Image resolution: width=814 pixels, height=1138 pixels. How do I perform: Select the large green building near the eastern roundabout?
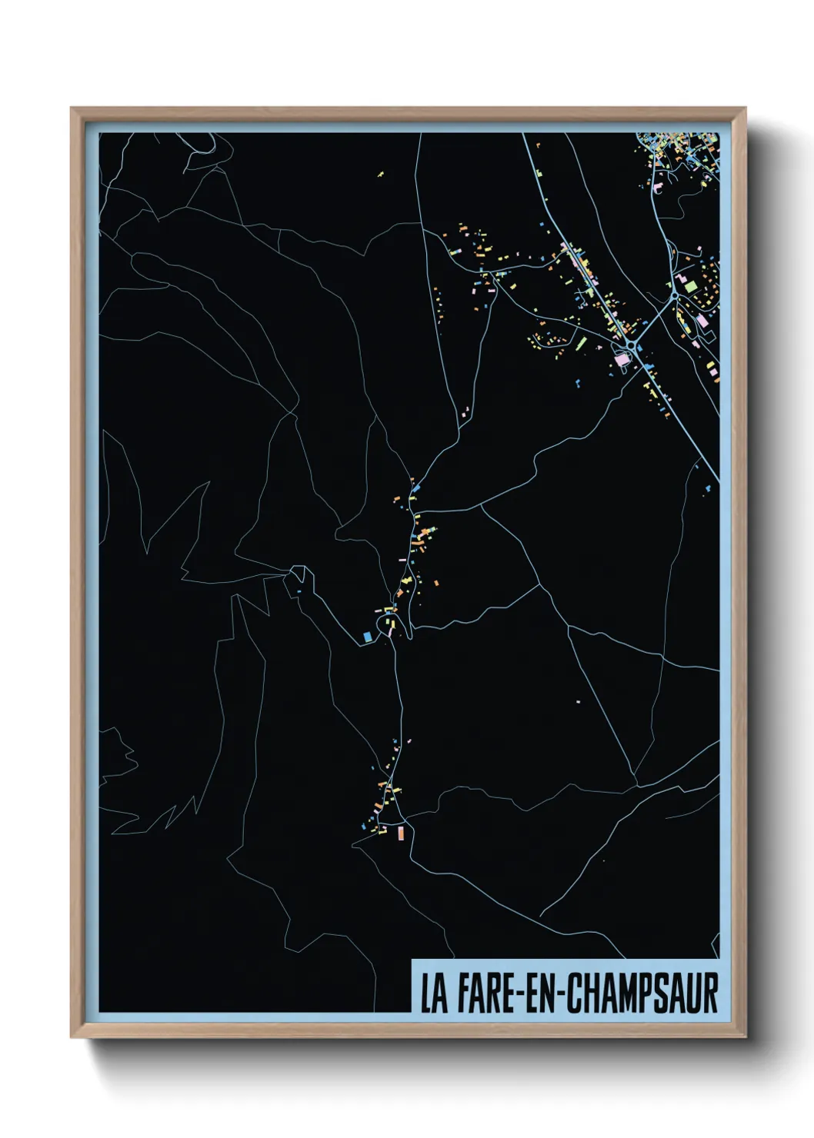[691, 286]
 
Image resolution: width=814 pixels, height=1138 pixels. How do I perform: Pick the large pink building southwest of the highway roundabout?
[620, 358]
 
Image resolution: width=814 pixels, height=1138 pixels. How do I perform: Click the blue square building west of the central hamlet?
[367, 636]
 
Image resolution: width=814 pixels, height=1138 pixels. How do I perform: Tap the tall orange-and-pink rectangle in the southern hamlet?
[400, 832]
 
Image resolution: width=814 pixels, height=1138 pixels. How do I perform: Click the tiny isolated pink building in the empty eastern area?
[579, 700]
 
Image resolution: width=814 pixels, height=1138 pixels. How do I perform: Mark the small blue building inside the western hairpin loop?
[299, 591]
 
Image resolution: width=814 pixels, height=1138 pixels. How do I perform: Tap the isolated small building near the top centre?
[380, 174]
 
